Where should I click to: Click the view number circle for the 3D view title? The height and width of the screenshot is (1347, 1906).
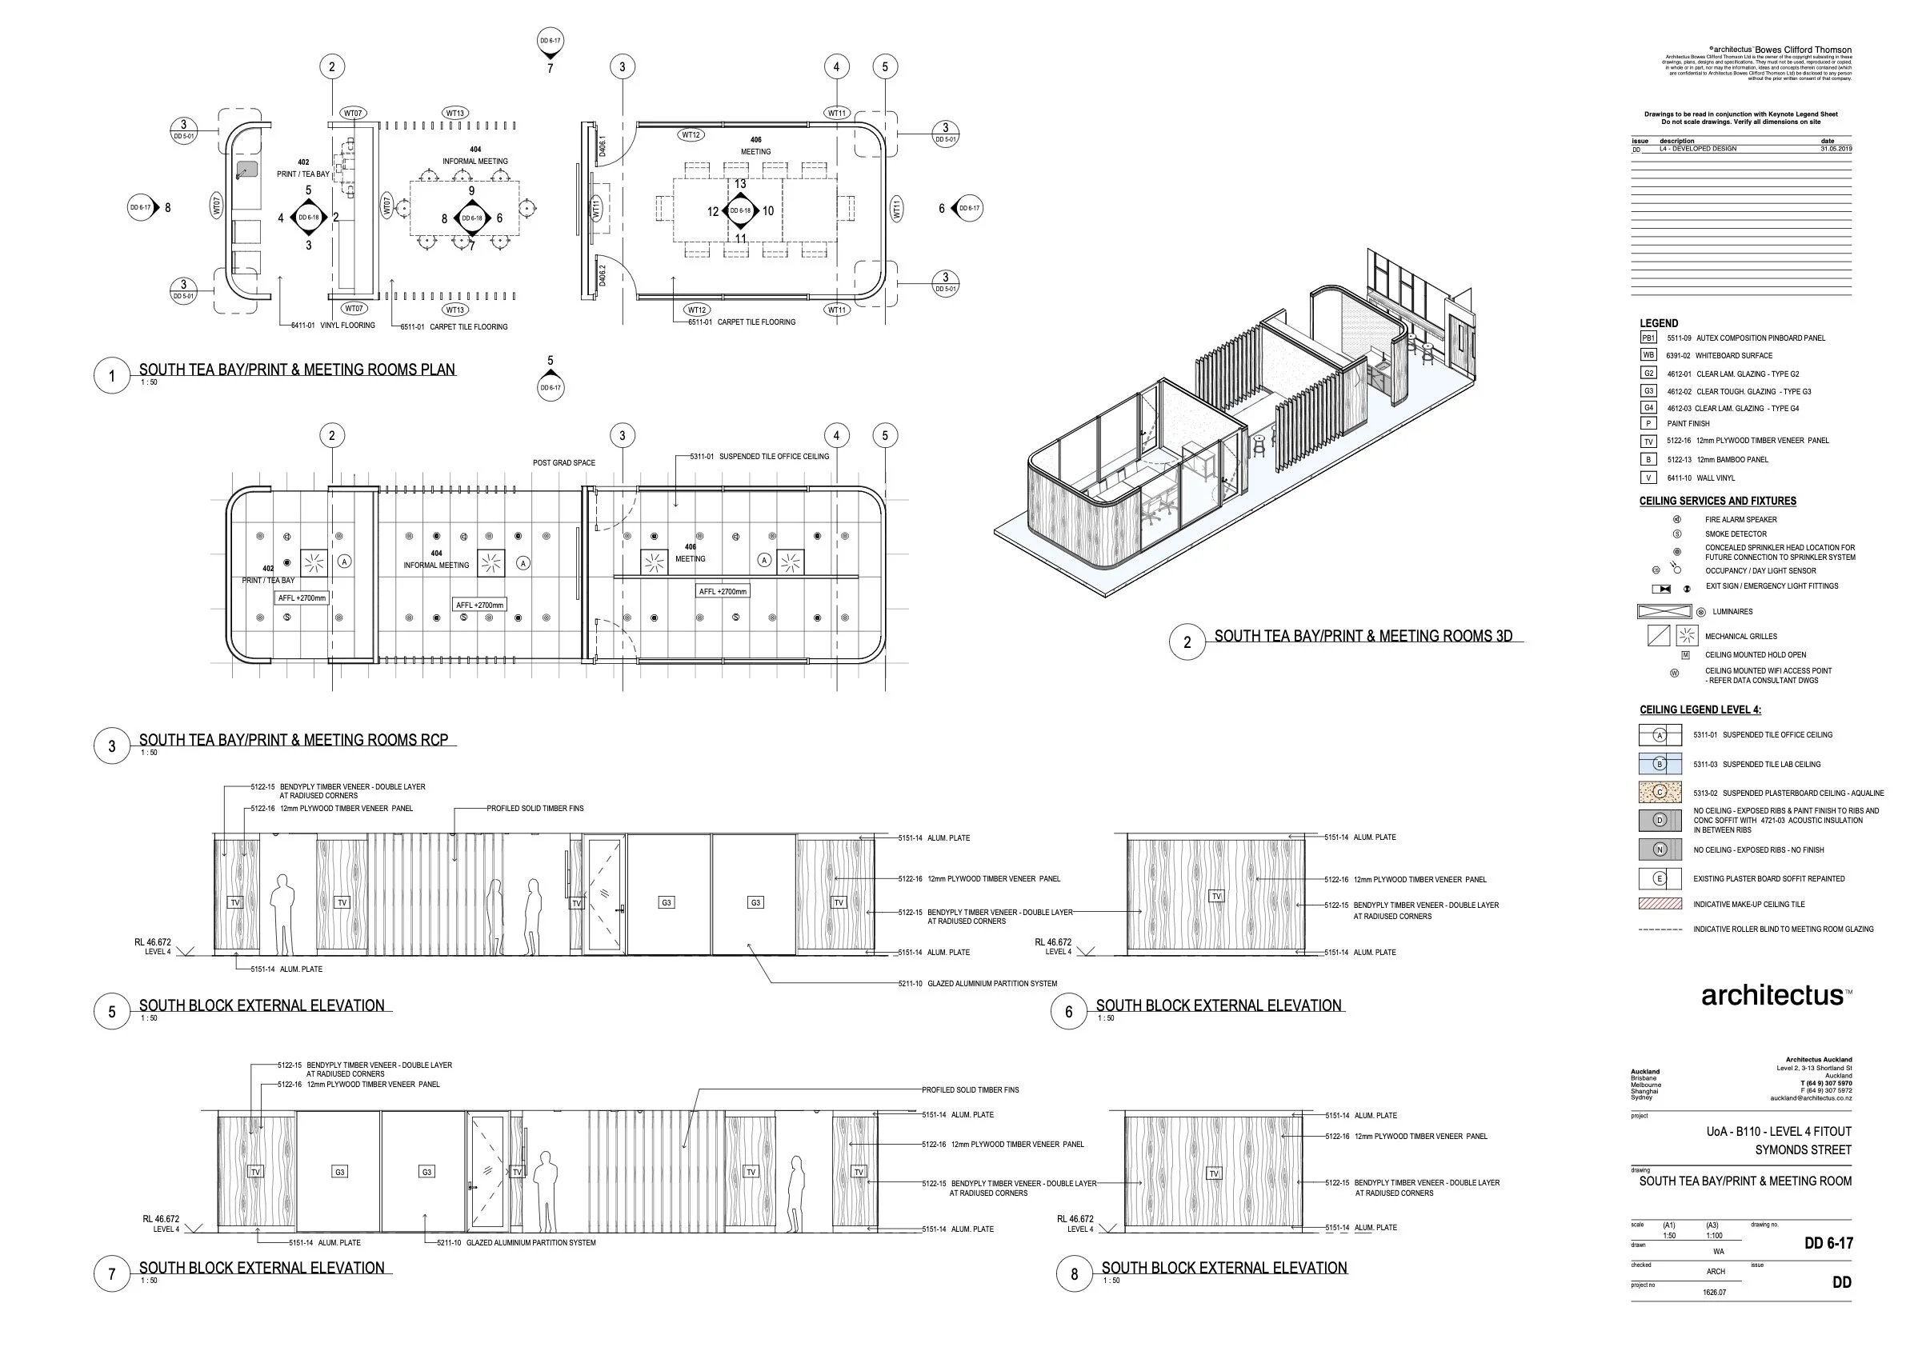pos(1187,642)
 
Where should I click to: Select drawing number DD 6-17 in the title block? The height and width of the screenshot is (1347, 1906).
pos(1828,1242)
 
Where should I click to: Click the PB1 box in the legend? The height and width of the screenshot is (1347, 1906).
pos(1648,338)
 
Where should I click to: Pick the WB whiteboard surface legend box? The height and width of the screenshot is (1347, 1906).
pos(1648,355)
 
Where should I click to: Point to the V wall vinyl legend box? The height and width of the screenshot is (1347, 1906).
pos(1648,478)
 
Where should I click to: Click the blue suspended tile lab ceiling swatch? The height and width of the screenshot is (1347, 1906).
pos(1660,764)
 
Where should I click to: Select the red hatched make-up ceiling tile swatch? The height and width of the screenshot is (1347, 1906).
pos(1660,904)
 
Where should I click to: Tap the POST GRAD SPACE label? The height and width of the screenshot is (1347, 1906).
pos(563,463)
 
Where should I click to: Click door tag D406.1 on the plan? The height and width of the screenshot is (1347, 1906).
pos(603,146)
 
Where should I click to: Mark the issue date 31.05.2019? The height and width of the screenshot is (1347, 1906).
pos(1836,149)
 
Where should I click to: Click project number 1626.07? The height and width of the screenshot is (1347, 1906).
pos(1714,1293)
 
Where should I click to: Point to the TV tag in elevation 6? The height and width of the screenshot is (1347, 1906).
pos(1216,897)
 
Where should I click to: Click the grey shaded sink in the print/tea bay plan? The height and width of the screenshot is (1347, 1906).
pos(246,170)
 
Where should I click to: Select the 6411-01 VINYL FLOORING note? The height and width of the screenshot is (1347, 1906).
pos(333,326)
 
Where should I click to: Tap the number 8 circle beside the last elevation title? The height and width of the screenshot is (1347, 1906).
pos(1074,1274)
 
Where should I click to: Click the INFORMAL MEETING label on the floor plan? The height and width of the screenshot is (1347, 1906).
pos(474,161)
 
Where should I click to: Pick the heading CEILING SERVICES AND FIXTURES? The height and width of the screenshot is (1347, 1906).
pos(1717,502)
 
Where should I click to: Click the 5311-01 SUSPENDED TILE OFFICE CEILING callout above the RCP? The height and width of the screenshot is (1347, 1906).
pos(759,457)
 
